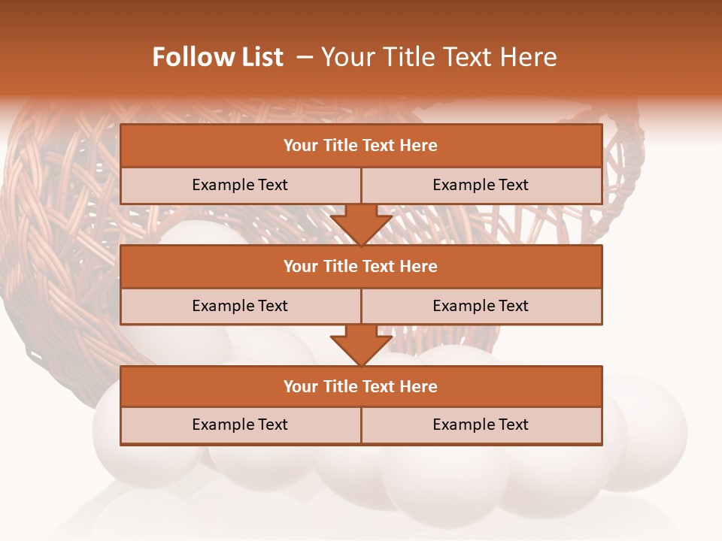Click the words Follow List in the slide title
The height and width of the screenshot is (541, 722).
point(217,57)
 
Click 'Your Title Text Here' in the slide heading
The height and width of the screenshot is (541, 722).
point(438,57)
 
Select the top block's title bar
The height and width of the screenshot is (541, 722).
point(361,146)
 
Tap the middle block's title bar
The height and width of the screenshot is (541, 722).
point(361,267)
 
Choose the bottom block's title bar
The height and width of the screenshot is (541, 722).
point(361,387)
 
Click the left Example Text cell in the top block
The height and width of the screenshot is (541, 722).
point(240,185)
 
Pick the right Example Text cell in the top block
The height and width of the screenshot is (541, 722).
point(481,185)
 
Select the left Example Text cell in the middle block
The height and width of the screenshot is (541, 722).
point(240,306)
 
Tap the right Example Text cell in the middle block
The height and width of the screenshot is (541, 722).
point(481,306)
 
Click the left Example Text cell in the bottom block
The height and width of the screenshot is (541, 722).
point(240,425)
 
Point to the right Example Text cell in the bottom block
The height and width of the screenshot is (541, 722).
point(481,425)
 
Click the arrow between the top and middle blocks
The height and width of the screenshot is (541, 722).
point(361,225)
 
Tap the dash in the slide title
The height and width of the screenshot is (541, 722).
point(305,57)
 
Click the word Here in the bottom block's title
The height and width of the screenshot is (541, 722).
point(419,387)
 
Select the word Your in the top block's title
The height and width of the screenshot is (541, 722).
point(301,146)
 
